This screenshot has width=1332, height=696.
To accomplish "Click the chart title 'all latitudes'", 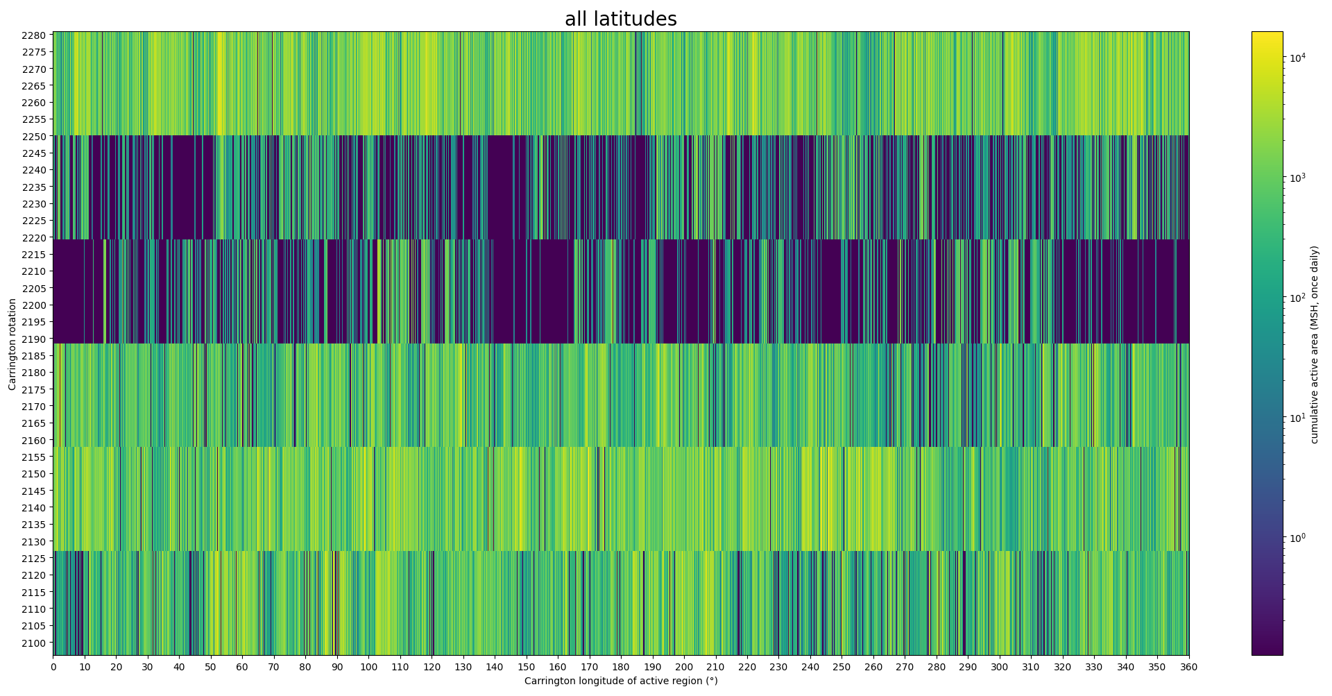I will coord(620,19).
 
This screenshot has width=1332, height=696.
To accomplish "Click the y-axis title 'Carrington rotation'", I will coord(12,344).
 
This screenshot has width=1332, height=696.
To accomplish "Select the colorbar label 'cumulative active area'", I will coord(1314,344).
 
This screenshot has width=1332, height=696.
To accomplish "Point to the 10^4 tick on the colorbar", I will coord(1297,58).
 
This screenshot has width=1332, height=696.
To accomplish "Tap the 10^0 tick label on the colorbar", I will coord(1297,538).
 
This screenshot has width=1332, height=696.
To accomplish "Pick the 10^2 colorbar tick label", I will coord(1297,298).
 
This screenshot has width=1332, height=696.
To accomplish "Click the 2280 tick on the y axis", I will coord(37,35).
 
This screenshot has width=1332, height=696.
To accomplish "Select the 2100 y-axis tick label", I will coord(37,643).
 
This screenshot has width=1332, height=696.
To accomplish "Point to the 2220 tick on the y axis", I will coord(37,238).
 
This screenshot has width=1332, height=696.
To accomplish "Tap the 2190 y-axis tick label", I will coord(37,339).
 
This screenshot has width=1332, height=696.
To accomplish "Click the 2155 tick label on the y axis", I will coord(37,457).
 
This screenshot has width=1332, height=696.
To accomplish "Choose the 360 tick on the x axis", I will coord(1189,668).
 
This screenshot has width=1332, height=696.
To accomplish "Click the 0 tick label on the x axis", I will coord(53,668).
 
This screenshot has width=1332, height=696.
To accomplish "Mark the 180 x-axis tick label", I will coord(621,668).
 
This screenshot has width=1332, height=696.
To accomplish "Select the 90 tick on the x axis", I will coord(337,668).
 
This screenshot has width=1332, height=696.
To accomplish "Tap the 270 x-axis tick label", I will coord(905,668).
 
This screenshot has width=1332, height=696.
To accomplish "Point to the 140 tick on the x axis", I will coord(495,668).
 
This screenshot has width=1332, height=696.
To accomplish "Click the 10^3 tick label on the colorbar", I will coord(1297,178).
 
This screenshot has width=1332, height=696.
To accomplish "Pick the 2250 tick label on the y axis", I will coord(37,137).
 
